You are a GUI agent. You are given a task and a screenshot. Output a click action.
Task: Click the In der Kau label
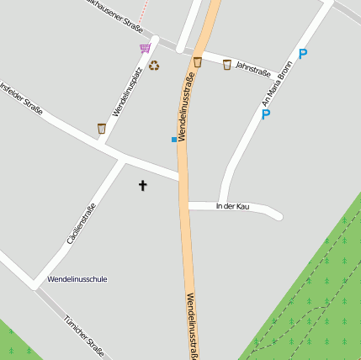(x=232, y=206)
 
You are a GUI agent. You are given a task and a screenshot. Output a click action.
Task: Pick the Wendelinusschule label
(x=77, y=278)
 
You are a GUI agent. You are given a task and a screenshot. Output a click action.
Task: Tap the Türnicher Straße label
(x=84, y=334)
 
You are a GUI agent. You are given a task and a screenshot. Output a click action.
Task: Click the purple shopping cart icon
(x=146, y=48)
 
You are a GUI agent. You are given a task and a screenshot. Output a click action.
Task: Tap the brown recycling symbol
(x=154, y=65)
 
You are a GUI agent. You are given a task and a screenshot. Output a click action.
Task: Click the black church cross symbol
(x=142, y=185)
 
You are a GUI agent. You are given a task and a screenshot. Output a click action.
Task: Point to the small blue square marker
(x=174, y=139)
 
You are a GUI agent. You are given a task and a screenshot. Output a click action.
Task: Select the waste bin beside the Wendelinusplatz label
(x=102, y=129)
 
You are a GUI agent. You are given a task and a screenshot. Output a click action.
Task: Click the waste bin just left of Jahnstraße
(x=226, y=65)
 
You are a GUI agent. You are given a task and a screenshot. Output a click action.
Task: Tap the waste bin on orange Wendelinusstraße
(x=198, y=61)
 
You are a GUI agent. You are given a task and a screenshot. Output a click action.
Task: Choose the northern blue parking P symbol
(x=303, y=54)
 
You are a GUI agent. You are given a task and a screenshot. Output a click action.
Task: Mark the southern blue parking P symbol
(x=266, y=114)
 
